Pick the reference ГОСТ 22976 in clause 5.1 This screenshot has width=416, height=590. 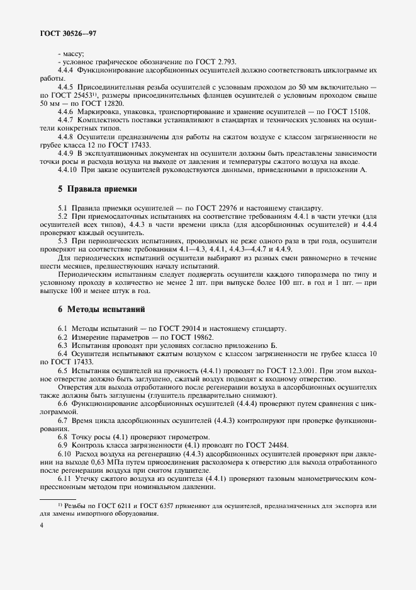click(211, 207)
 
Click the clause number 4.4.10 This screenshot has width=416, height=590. click(68, 169)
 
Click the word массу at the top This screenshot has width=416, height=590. click(74, 54)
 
